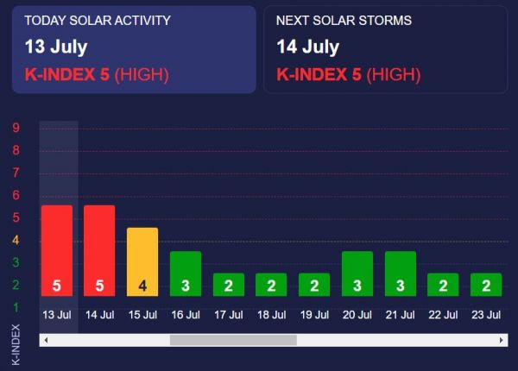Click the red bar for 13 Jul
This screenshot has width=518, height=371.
click(x=57, y=250)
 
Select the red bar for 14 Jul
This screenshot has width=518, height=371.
click(x=99, y=250)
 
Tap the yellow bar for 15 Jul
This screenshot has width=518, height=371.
click(x=142, y=261)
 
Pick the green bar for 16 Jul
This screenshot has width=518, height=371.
click(x=186, y=274)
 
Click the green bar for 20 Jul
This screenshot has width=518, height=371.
click(x=357, y=274)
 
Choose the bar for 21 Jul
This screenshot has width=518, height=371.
click(x=401, y=274)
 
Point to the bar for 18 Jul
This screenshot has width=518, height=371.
click(x=271, y=285)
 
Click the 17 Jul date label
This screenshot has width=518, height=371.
click(x=229, y=314)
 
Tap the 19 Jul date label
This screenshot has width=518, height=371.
click(x=314, y=314)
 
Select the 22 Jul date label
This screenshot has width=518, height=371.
click(x=443, y=314)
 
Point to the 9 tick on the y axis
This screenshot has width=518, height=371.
click(x=16, y=128)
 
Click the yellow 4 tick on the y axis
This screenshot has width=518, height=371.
click(x=16, y=240)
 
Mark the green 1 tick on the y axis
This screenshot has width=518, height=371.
click(x=16, y=307)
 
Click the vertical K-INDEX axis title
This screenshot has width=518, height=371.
click(x=16, y=343)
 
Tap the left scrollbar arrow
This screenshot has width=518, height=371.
click(x=46, y=340)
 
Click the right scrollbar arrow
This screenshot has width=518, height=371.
click(x=502, y=340)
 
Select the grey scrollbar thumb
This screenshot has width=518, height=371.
click(x=233, y=340)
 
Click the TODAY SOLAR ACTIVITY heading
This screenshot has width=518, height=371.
click(x=98, y=20)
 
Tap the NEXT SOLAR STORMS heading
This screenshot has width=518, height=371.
click(x=344, y=20)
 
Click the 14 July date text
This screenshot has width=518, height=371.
click(x=308, y=47)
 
